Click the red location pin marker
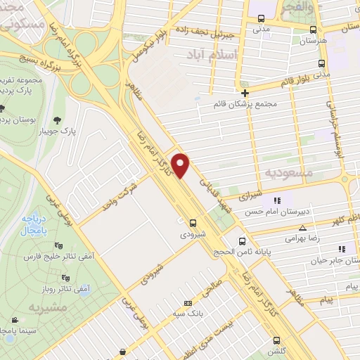coord(181,165)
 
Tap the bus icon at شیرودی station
coord(193,224)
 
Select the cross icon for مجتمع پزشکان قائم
coord(245,93)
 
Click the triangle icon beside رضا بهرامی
coord(302,227)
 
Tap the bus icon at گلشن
coord(275,340)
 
